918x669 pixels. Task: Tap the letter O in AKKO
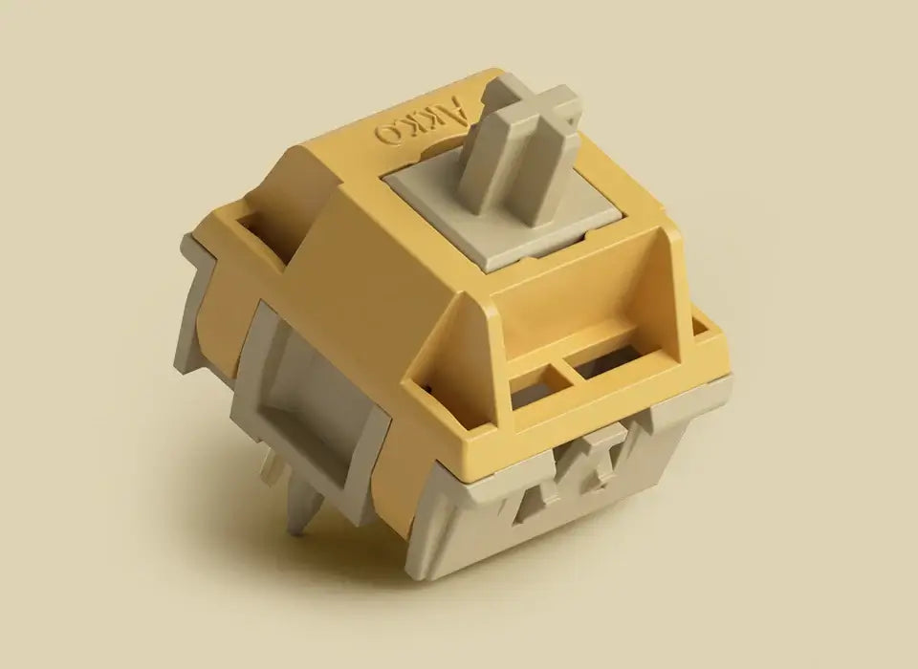tap(387, 133)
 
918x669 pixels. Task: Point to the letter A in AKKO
tap(460, 101)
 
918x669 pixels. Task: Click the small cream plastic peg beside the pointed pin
tap(270, 468)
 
